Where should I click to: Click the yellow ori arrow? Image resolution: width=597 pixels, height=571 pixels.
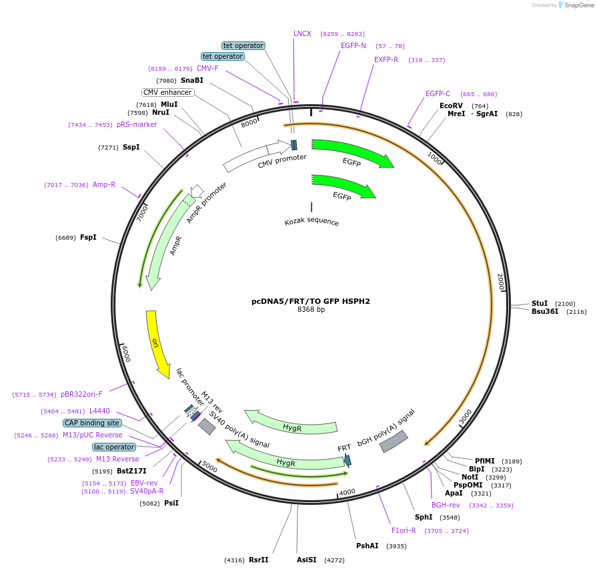156,343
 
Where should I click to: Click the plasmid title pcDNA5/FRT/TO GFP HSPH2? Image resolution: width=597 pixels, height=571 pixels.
311,301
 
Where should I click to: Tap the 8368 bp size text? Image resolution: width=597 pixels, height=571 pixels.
311,309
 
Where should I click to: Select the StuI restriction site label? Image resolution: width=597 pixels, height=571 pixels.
540,303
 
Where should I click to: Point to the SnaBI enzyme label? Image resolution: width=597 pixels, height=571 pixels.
192,80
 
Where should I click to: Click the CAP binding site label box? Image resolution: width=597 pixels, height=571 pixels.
93,423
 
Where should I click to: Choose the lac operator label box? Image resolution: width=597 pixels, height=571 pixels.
114,447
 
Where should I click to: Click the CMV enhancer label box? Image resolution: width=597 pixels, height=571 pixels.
167,92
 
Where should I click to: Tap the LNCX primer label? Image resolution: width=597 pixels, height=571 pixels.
302,33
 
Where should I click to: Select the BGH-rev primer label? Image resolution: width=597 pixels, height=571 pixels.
446,505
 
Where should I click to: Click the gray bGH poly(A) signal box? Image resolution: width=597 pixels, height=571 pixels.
394,441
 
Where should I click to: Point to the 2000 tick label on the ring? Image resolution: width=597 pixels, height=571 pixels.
501,281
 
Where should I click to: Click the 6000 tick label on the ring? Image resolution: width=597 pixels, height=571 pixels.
126,353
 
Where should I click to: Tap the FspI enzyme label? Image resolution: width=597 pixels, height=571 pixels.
88,238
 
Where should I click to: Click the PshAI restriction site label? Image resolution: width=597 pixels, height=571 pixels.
368,546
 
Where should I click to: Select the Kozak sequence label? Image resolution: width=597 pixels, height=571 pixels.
312,222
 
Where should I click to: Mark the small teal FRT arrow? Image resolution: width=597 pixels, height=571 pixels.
348,460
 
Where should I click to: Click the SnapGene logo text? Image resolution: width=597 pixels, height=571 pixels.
579,5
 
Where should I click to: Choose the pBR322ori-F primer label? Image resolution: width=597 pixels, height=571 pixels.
81,394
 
